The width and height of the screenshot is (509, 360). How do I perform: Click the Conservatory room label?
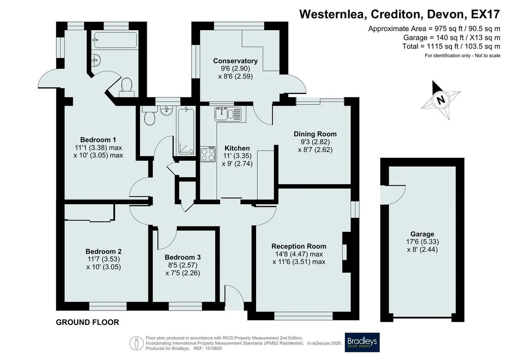235,61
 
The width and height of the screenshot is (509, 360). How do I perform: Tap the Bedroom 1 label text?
98,140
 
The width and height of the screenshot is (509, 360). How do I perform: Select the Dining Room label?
315,134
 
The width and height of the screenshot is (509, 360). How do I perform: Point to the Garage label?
422,234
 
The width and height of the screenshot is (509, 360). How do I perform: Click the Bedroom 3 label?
183,257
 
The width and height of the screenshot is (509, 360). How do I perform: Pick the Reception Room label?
299,246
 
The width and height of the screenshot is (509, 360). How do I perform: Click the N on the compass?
441,99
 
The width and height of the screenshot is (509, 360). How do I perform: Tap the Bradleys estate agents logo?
362,342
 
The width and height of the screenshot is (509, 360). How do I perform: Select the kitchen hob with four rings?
208,154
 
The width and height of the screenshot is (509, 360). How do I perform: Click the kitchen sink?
228,114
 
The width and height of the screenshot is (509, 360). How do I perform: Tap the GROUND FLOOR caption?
87,322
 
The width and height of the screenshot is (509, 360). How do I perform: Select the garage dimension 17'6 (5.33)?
422,242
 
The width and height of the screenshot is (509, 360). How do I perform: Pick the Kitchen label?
237,148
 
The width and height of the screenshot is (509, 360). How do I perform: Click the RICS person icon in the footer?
136,343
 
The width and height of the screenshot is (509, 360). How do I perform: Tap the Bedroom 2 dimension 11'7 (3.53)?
104,259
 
